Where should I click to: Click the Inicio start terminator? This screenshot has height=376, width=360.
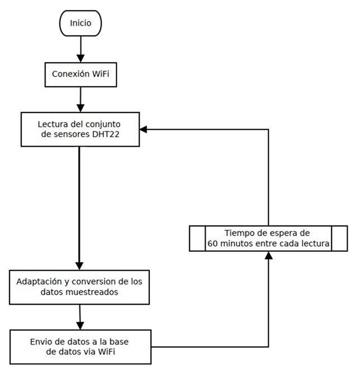(80, 23)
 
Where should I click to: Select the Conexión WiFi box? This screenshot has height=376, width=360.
(80, 74)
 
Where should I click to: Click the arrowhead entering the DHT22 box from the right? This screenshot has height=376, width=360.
(144, 129)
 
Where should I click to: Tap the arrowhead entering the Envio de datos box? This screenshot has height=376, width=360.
(81, 325)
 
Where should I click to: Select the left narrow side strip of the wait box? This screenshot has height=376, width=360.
(196, 238)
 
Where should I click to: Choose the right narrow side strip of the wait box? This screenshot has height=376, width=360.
(339, 238)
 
